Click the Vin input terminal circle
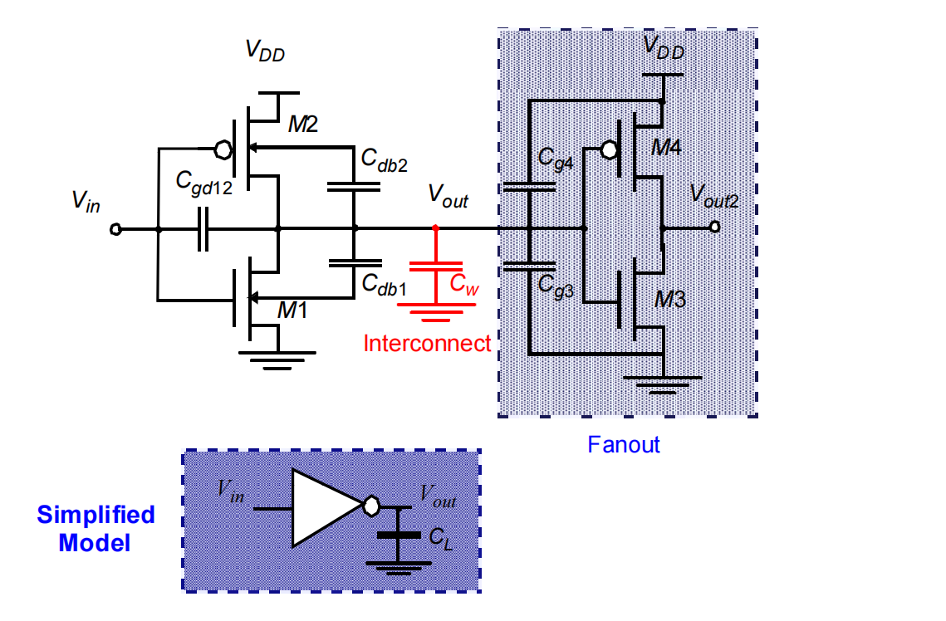pyautogui.click(x=115, y=229)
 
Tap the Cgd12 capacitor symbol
pyautogui.click(x=203, y=229)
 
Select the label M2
pyautogui.click(x=303, y=125)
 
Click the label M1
pyautogui.click(x=292, y=310)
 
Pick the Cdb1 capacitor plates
pyautogui.click(x=355, y=263)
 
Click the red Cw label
pyautogui.click(x=464, y=283)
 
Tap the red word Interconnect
pyautogui.click(x=427, y=343)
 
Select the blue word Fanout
pyautogui.click(x=624, y=444)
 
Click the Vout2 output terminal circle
pyautogui.click(x=715, y=227)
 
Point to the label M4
pyautogui.click(x=666, y=147)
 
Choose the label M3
pyautogui.click(x=670, y=299)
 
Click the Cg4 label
pyautogui.click(x=556, y=159)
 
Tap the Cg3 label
pyautogui.click(x=556, y=285)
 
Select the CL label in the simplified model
pyautogui.click(x=440, y=539)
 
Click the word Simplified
pyautogui.click(x=96, y=515)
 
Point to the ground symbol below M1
pyautogui.click(x=277, y=360)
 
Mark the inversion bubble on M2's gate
pyautogui.click(x=223, y=149)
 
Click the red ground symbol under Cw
pyautogui.click(x=436, y=311)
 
